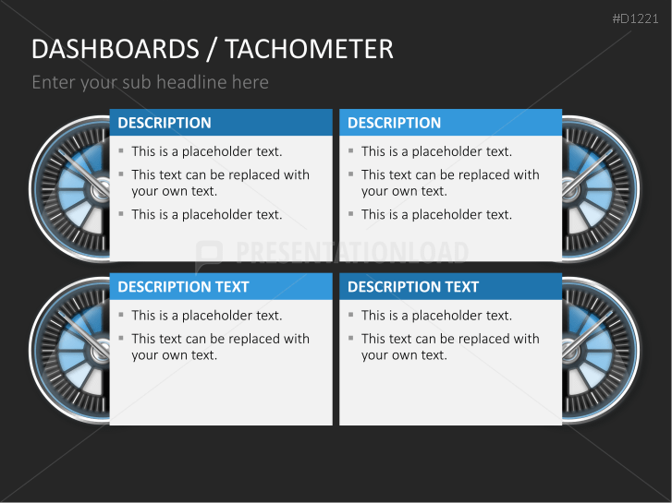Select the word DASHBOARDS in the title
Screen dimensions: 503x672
pos(115,49)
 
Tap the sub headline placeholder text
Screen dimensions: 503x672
pos(150,82)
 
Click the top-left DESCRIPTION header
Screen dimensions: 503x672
pos(165,123)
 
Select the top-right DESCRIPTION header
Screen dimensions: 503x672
pos(394,123)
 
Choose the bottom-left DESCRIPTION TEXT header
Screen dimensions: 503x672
pos(183,287)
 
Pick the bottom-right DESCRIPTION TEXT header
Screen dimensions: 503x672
pos(413,287)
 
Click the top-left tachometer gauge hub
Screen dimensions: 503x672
pos(100,189)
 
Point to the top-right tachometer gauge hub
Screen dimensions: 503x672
pos(571,189)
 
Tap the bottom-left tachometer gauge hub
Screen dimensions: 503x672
pos(100,351)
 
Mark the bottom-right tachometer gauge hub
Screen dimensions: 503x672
pos(571,351)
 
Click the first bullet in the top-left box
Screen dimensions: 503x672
pos(206,151)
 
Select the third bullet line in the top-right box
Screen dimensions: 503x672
pos(436,214)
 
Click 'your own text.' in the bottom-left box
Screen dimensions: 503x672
pos(174,355)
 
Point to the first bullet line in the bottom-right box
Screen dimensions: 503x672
pos(436,316)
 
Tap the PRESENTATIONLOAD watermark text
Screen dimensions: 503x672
pos(352,253)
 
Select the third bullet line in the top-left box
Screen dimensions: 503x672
pos(206,214)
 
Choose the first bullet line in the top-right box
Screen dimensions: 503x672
pos(436,151)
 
